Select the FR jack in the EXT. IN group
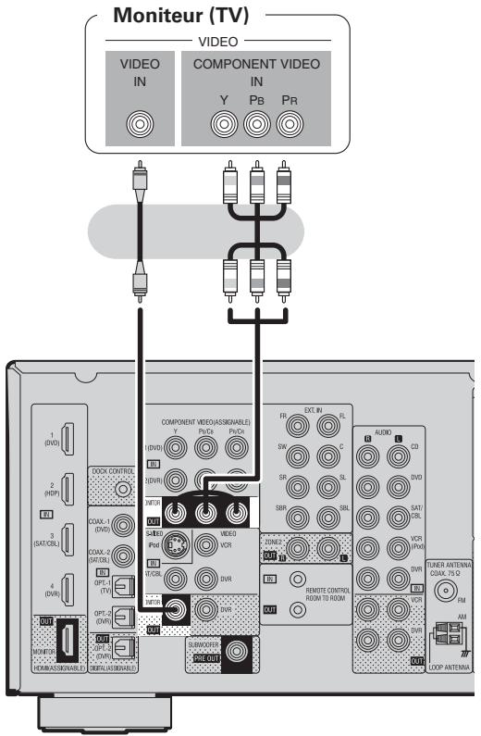(x=297, y=427)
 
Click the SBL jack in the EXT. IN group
(x=329, y=513)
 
